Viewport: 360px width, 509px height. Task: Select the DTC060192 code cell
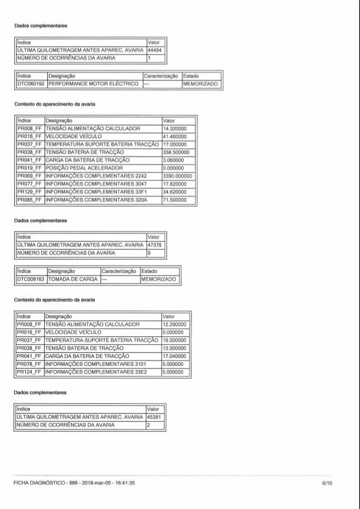[x=31, y=84]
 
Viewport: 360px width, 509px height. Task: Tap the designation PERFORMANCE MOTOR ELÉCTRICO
[x=94, y=84]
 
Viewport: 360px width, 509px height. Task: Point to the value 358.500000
[x=178, y=151]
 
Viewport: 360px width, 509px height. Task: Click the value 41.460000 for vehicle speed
[x=178, y=136]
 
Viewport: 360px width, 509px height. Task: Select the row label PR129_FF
[x=29, y=192]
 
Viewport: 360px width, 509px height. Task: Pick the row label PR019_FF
[x=29, y=168]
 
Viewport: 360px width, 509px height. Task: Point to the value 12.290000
[x=174, y=324]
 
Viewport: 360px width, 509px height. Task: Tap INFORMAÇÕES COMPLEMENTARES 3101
[x=95, y=363]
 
